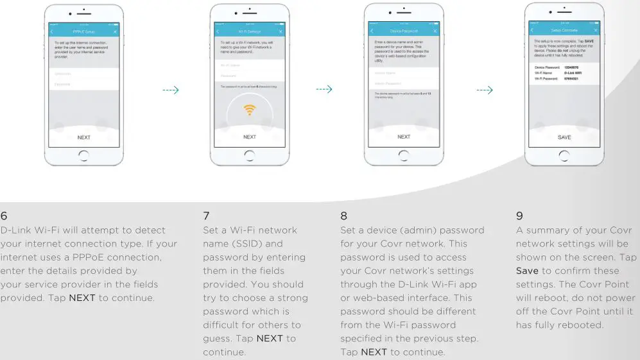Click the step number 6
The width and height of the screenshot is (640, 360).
click(4, 216)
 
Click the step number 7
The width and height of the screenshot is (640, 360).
click(206, 216)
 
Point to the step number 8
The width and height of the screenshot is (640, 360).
click(343, 216)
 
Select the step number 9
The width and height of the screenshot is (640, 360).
click(519, 216)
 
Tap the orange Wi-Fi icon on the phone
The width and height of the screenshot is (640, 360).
click(250, 110)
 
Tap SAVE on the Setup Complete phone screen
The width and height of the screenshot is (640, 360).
click(564, 137)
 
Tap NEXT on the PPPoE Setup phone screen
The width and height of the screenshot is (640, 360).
click(83, 137)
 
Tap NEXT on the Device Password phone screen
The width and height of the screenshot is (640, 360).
click(404, 137)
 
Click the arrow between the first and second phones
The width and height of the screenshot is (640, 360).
click(170, 90)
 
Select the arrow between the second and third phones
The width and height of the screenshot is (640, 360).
click(324, 90)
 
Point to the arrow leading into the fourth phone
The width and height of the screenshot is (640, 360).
click(485, 90)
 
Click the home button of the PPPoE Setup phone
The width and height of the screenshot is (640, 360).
click(83, 155)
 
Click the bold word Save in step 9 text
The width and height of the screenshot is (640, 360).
click(527, 271)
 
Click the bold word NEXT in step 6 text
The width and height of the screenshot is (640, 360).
click(82, 298)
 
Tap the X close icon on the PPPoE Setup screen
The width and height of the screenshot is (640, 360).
click(115, 31)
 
